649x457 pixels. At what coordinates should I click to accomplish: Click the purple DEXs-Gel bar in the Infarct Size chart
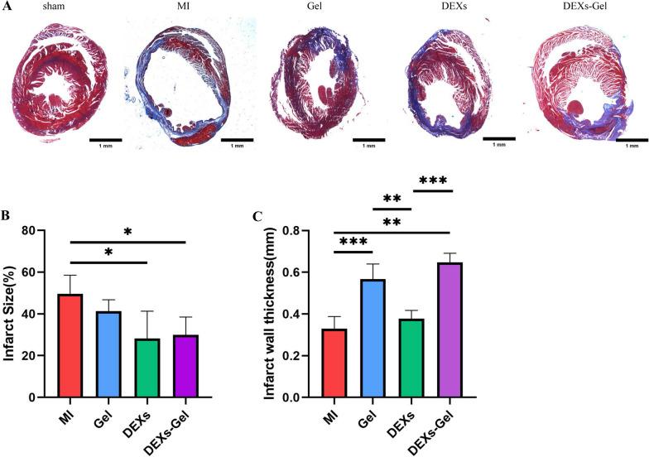pos(184,365)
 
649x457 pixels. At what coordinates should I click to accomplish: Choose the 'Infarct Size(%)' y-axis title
pos(14,313)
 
